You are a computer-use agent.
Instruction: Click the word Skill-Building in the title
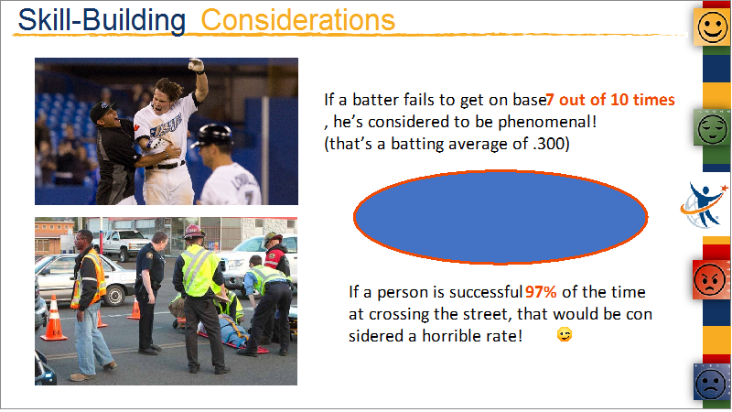[102, 20]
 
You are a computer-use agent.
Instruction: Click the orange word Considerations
[298, 19]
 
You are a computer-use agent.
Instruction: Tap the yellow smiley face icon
[712, 27]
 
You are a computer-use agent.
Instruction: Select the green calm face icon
[712, 128]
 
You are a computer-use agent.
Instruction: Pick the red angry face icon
[710, 280]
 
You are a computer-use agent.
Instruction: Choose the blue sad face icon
[711, 383]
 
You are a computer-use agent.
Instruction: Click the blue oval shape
[501, 217]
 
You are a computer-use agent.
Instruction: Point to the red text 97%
[541, 292]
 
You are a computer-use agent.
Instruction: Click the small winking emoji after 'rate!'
[565, 335]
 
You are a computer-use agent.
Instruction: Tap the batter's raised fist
[196, 64]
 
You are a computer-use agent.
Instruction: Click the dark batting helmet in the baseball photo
[213, 136]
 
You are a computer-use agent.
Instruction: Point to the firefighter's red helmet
[193, 233]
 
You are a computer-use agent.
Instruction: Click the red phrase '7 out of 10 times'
[610, 100]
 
